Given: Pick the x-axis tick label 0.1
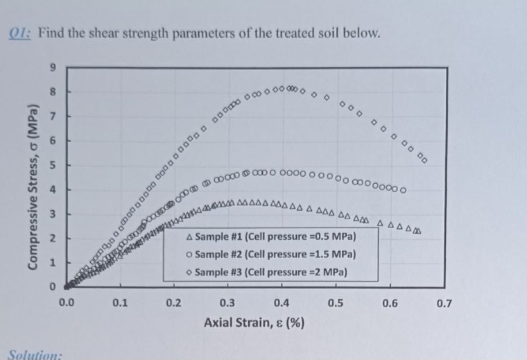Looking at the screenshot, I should (x=120, y=302).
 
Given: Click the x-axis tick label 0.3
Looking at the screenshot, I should (x=227, y=302).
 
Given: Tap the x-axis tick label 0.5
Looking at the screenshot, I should (x=335, y=302).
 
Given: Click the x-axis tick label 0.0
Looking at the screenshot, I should (x=66, y=302).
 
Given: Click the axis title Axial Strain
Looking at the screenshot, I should (x=255, y=323).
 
